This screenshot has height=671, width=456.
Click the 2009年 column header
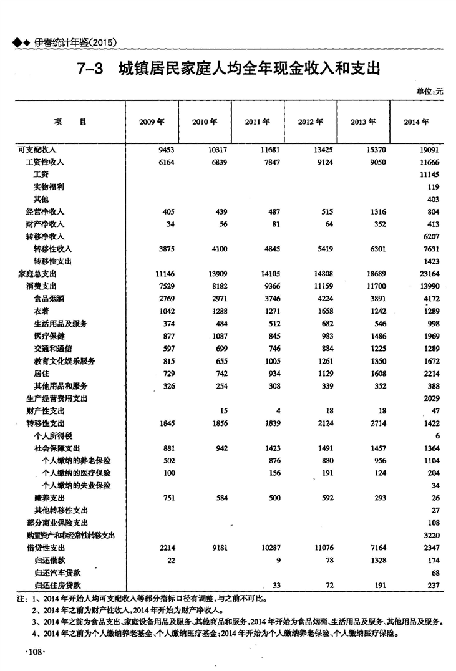click(x=152, y=122)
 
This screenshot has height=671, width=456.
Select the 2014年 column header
click(x=416, y=122)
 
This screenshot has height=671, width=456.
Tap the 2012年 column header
click(x=310, y=122)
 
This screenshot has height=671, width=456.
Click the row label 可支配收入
click(x=37, y=150)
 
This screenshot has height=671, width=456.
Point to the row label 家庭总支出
click(x=37, y=274)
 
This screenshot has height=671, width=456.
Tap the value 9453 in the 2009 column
click(x=164, y=150)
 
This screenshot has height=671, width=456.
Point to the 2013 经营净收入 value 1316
click(x=376, y=211)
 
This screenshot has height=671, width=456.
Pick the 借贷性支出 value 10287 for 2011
click(x=269, y=548)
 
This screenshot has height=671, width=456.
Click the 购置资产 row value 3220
click(x=430, y=535)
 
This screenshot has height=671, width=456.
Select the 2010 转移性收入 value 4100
click(x=218, y=249)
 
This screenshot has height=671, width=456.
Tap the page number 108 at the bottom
click(x=32, y=652)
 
